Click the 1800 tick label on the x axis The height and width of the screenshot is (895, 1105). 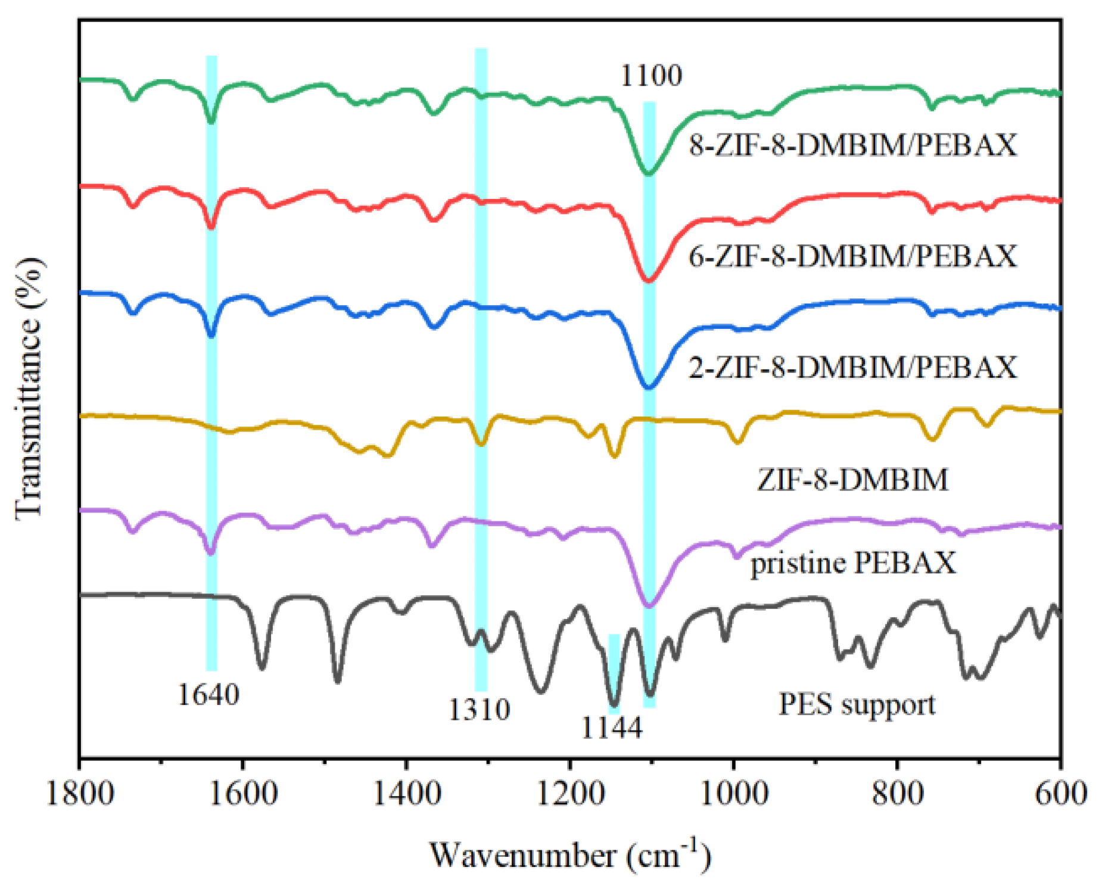coord(80,794)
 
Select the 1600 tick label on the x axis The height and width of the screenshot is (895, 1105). coord(244,794)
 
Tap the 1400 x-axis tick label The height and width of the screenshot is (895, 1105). coord(407,794)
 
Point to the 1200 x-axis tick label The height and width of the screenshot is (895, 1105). coord(571,794)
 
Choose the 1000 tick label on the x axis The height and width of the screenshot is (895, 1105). coord(734,794)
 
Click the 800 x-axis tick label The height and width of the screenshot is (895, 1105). coord(898,794)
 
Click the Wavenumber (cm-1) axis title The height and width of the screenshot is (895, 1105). coord(570,855)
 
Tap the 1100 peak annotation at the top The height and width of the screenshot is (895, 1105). coord(651,76)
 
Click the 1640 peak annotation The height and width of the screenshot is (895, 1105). coord(208,694)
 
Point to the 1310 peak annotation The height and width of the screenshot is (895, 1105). coord(480,709)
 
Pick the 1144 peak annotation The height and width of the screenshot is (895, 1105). coord(612,728)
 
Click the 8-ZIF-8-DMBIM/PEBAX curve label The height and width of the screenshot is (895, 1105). coord(853,145)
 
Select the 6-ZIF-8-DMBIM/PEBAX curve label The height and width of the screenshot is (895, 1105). coord(853,256)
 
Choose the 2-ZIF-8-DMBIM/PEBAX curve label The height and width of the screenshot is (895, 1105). coord(853,367)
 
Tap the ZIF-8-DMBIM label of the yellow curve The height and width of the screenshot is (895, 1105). coord(852,480)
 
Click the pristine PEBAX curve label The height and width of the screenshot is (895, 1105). coord(852,563)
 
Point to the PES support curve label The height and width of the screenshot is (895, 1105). coord(857,704)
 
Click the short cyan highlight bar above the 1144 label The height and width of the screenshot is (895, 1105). coord(614,673)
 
